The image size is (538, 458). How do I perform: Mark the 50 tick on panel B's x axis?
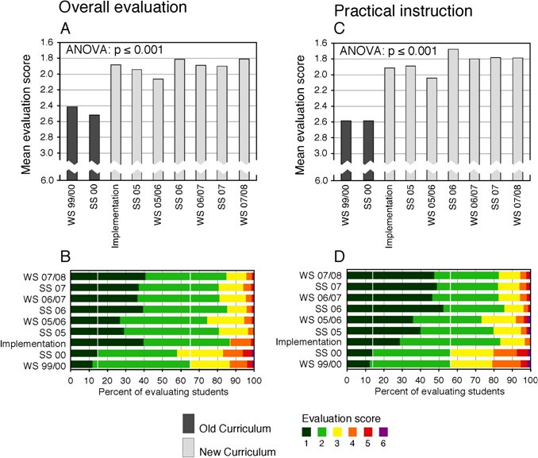(162, 382)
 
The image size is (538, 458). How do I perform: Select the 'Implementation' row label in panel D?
(316, 342)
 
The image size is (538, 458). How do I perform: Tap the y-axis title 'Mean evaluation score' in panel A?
(26, 111)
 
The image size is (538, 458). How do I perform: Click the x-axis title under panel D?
(439, 391)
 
